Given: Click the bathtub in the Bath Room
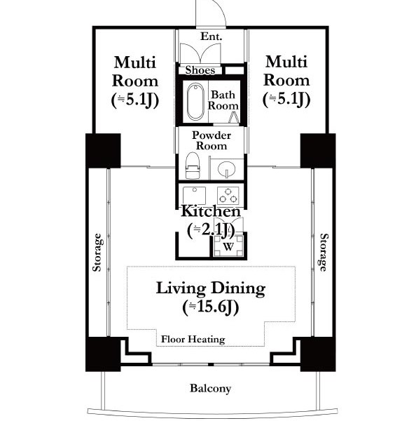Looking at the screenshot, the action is (195, 102).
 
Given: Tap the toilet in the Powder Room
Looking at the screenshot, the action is (193, 166).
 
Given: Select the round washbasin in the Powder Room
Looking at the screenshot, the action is (226, 169).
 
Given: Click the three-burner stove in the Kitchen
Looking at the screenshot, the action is (228, 196).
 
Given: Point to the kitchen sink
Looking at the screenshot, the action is (194, 196).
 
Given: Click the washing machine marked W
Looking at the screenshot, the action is (228, 246).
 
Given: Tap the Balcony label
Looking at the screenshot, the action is (210, 388).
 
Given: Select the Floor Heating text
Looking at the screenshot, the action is (193, 340).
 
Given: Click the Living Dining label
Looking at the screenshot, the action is (211, 288).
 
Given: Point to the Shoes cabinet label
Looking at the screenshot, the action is (200, 70).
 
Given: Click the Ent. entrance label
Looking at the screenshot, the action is (212, 36).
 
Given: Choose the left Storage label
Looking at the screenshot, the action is (97, 253).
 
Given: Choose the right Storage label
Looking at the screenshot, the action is (324, 253).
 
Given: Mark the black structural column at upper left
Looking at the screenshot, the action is (103, 151).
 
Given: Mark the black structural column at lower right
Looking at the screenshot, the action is (318, 354).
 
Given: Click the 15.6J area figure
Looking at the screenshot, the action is (211, 307).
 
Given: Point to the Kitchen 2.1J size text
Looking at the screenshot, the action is (211, 229).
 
